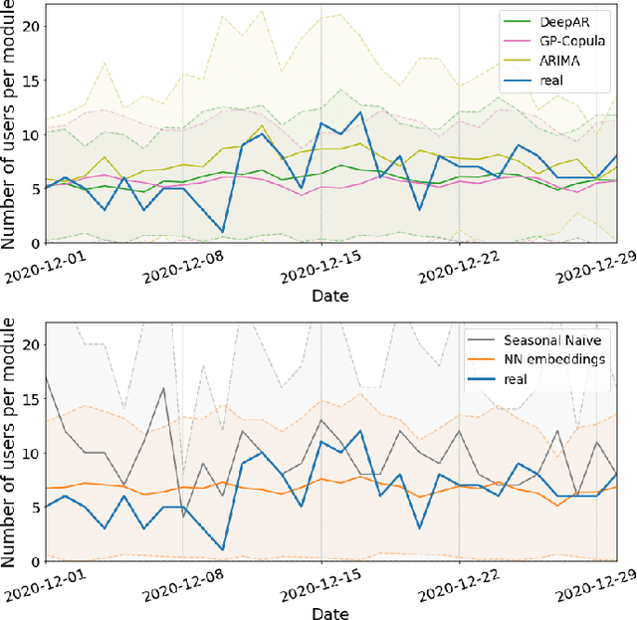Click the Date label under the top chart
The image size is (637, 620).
click(x=328, y=297)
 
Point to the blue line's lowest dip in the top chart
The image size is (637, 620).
click(x=222, y=232)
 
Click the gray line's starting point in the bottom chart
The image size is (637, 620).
click(x=47, y=375)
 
